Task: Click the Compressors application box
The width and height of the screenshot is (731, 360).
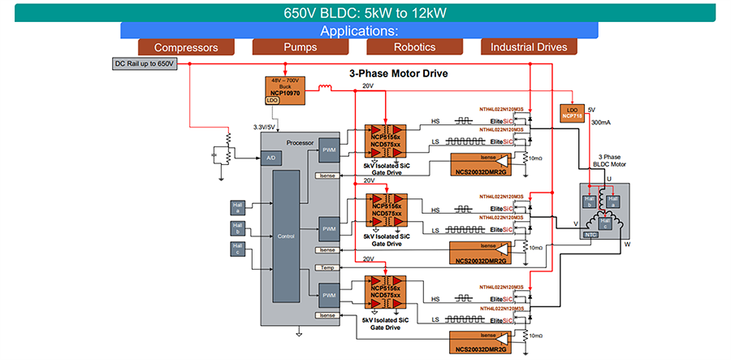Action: pyautogui.click(x=186, y=47)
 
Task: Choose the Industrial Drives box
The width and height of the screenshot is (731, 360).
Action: pyautogui.click(x=529, y=47)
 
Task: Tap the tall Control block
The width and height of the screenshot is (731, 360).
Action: pyautogui.click(x=286, y=236)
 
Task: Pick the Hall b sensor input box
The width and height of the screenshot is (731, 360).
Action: pyautogui.click(x=238, y=227)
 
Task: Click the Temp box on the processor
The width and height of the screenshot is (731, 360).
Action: pyautogui.click(x=327, y=267)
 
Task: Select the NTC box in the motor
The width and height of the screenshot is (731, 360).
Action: pyautogui.click(x=591, y=234)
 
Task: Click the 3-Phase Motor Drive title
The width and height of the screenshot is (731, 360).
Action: pyautogui.click(x=398, y=74)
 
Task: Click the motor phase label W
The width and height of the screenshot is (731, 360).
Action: pyautogui.click(x=627, y=243)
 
